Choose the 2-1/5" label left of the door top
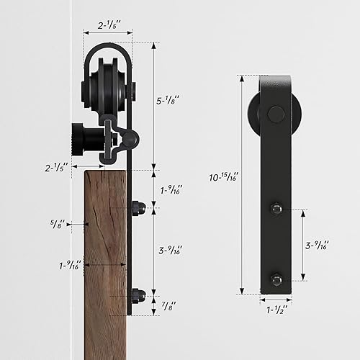coord(55,168)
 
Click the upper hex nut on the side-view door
coord(138,209)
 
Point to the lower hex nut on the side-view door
coord(138,294)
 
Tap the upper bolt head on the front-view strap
coord(275,209)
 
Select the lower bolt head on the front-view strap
coord(275,279)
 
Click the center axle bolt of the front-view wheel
coord(275,114)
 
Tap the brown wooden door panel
coord(105,259)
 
